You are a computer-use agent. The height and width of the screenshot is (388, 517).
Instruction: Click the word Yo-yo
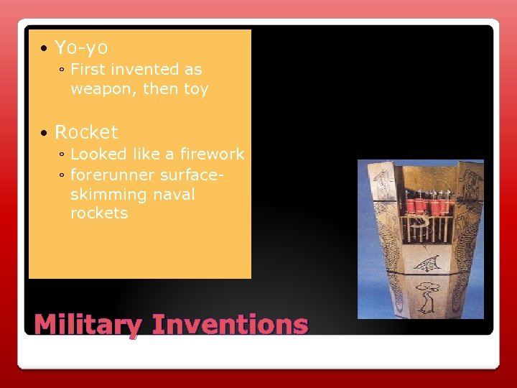(81, 48)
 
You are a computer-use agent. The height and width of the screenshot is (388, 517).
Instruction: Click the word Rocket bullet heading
(86, 132)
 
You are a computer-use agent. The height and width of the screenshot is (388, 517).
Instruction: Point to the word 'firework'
(213, 154)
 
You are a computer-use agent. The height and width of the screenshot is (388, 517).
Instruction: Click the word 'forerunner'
(113, 175)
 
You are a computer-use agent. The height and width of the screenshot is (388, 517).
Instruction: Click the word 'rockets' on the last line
(99, 213)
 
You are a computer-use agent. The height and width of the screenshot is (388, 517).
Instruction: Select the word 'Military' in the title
(88, 325)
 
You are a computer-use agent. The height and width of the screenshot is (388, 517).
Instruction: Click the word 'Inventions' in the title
(231, 325)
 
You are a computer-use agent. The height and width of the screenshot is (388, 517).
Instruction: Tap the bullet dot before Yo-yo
(45, 49)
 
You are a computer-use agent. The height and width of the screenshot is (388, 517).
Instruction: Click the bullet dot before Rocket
(45, 133)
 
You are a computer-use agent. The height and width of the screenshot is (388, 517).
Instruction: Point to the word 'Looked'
(97, 154)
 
